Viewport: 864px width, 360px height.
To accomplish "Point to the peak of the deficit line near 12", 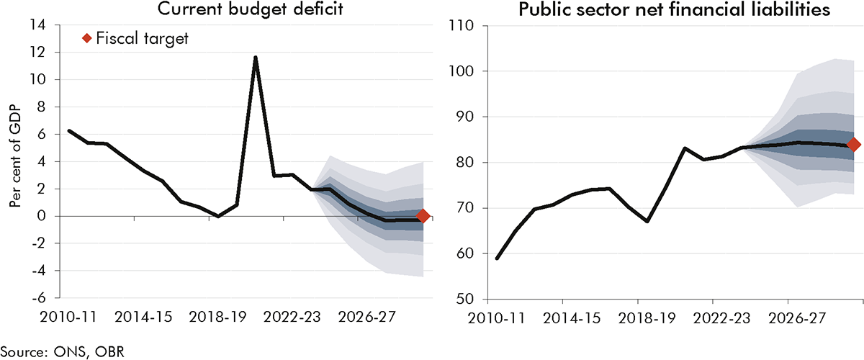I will [x=256, y=57].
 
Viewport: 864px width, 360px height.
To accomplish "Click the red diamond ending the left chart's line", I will [x=423, y=215].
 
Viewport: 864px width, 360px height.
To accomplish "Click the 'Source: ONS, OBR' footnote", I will [x=58, y=351].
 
